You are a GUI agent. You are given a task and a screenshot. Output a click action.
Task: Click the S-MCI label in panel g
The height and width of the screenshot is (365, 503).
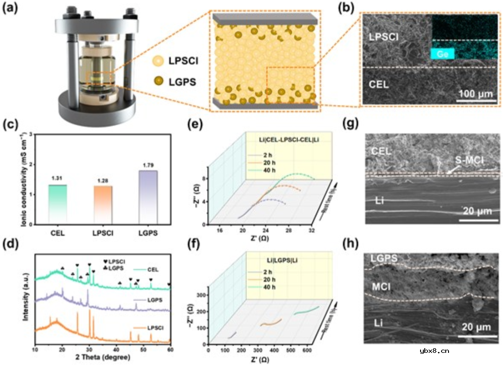pyautogui.click(x=468, y=162)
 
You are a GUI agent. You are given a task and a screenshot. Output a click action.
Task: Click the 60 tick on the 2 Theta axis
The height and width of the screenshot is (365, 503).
pyautogui.click(x=170, y=349)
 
